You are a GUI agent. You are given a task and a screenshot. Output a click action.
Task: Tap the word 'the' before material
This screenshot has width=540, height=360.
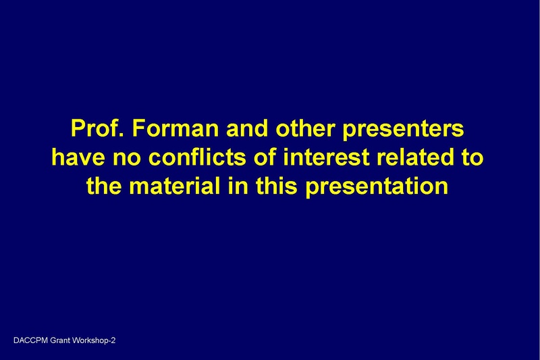point(107,185)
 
